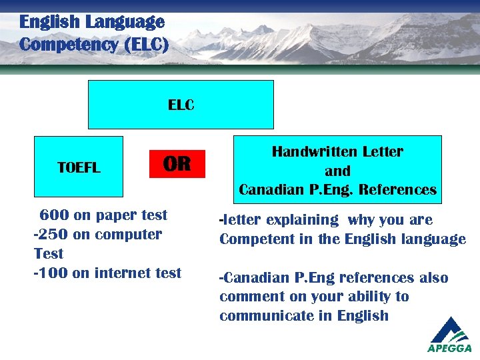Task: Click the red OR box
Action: click(x=177, y=164)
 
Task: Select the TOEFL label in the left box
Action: click(x=79, y=168)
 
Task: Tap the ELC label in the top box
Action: click(x=181, y=105)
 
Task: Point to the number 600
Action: click(x=54, y=215)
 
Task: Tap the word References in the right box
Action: click(x=397, y=190)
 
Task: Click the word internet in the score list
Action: click(x=123, y=273)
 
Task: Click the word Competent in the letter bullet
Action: click(x=250, y=239)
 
